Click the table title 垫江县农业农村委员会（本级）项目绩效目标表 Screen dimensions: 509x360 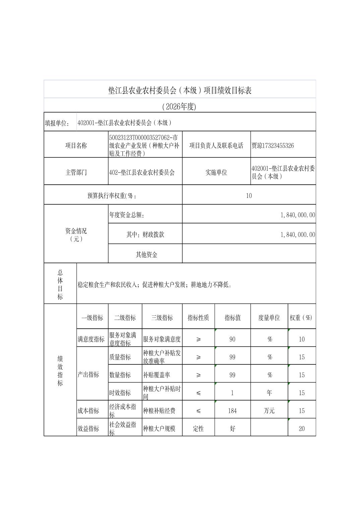pyautogui.click(x=180, y=90)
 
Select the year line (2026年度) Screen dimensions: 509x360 pyautogui.click(x=180, y=106)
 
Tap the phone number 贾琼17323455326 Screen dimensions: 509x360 pyautogui.click(x=273, y=146)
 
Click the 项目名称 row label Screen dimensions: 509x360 pyautogui.click(x=76, y=146)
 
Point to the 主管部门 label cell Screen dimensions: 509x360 pyautogui.click(x=76, y=172)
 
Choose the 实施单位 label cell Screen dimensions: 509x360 pyautogui.click(x=216, y=172)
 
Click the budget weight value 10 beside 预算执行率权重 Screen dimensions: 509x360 pyautogui.click(x=249, y=196)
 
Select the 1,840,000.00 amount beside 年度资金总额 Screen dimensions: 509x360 pyautogui.click(x=298, y=215)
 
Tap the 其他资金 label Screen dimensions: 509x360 pyautogui.click(x=146, y=254)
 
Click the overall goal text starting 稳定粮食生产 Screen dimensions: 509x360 pyautogui.click(x=155, y=285)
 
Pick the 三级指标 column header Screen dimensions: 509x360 pyautogui.click(x=162, y=317)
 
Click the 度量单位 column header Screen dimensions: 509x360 pyautogui.click(x=269, y=317)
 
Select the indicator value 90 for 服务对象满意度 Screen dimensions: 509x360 pyautogui.click(x=232, y=339)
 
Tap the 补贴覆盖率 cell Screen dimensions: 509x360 pyautogui.click(x=157, y=375)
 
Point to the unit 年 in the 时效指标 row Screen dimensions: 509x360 pyautogui.click(x=269, y=392)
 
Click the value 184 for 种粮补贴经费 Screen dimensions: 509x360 pyautogui.click(x=232, y=411)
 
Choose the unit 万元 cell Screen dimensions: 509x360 pyautogui.click(x=269, y=411)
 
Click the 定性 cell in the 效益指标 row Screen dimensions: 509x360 pyautogui.click(x=198, y=429)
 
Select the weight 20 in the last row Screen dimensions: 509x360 pyautogui.click(x=301, y=429)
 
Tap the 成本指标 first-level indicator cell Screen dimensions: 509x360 pyautogui.click(x=88, y=411)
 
